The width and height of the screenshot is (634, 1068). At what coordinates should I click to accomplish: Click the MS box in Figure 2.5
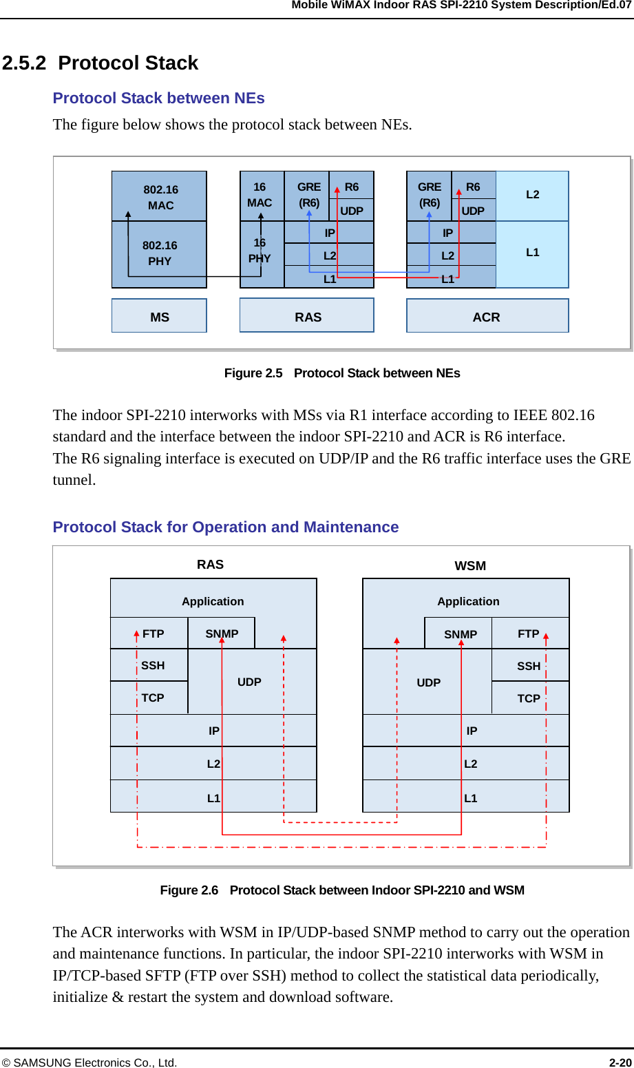(159, 316)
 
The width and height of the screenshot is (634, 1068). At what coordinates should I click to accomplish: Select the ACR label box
(487, 316)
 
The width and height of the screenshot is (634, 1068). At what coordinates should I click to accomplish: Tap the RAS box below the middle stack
(307, 316)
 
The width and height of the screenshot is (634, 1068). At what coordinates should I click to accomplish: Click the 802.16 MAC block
(160, 196)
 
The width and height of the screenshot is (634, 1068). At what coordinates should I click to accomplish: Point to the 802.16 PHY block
(160, 253)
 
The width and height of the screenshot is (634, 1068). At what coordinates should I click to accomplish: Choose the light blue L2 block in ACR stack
(532, 195)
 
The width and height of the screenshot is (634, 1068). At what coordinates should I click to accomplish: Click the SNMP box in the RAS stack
(222, 634)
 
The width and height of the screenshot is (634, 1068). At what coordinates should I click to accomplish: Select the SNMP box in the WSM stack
(459, 634)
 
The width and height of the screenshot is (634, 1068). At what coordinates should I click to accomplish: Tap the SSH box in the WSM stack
(529, 666)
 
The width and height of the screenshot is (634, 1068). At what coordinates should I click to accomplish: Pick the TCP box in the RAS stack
(150, 698)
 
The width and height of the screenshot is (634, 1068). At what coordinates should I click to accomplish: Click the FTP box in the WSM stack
(529, 634)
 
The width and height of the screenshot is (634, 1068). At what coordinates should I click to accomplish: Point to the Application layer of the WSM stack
(468, 600)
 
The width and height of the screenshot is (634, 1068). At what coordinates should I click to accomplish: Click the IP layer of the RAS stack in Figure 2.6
(213, 731)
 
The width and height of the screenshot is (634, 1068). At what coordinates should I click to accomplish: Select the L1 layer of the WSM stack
(469, 797)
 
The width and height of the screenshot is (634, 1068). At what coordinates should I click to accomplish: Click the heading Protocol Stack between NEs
(159, 98)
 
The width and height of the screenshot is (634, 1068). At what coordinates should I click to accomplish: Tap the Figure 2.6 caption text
(342, 890)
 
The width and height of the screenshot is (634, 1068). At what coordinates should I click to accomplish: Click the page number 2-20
(619, 1062)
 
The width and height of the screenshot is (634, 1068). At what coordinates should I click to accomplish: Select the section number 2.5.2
(23, 63)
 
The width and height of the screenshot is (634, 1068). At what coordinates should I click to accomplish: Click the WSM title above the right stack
(470, 565)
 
